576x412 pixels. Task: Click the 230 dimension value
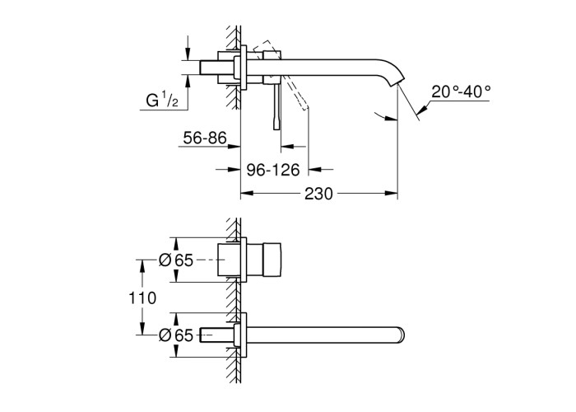pos(318,194)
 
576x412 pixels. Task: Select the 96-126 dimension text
pos(273,170)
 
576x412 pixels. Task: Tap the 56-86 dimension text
pos(205,138)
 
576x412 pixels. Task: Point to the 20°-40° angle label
pos(461,91)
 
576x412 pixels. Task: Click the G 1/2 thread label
pos(162,100)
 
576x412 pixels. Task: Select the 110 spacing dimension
pos(142,297)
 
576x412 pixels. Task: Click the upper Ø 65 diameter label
pos(176,260)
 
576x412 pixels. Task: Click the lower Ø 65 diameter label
pos(176,335)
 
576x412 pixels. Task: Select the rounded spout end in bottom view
pos(402,335)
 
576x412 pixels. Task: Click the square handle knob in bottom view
pos(272,260)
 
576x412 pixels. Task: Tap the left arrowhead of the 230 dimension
pos(247,193)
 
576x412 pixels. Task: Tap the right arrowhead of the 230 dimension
pos(391,193)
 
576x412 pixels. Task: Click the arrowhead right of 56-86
pos(234,147)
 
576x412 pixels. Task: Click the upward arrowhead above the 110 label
pos(142,265)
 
